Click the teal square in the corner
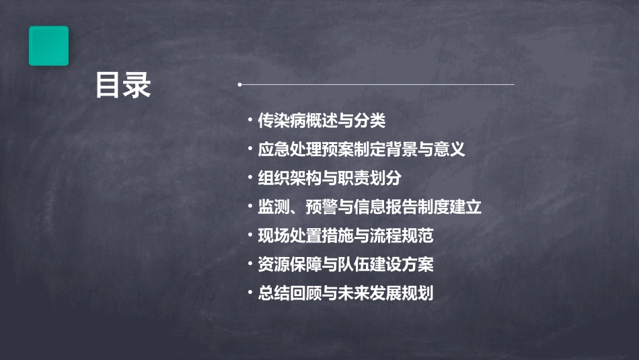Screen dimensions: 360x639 point(48,46)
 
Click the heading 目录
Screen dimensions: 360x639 point(123,86)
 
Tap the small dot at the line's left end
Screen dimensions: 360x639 point(239,85)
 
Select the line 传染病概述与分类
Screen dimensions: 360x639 point(322,121)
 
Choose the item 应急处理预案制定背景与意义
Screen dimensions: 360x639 point(361,149)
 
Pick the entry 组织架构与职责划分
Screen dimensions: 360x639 point(330,178)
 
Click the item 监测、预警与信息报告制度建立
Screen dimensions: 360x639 point(369,207)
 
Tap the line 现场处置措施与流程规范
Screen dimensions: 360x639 point(346,236)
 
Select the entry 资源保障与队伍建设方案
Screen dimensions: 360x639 point(346,264)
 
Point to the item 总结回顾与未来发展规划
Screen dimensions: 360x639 point(346,293)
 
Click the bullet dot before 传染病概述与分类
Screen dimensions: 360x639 point(250,122)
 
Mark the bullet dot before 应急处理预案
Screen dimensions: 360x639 point(250,150)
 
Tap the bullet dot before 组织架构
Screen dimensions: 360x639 point(250,179)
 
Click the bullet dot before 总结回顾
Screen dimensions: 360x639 point(250,294)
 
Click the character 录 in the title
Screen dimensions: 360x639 point(138,86)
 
